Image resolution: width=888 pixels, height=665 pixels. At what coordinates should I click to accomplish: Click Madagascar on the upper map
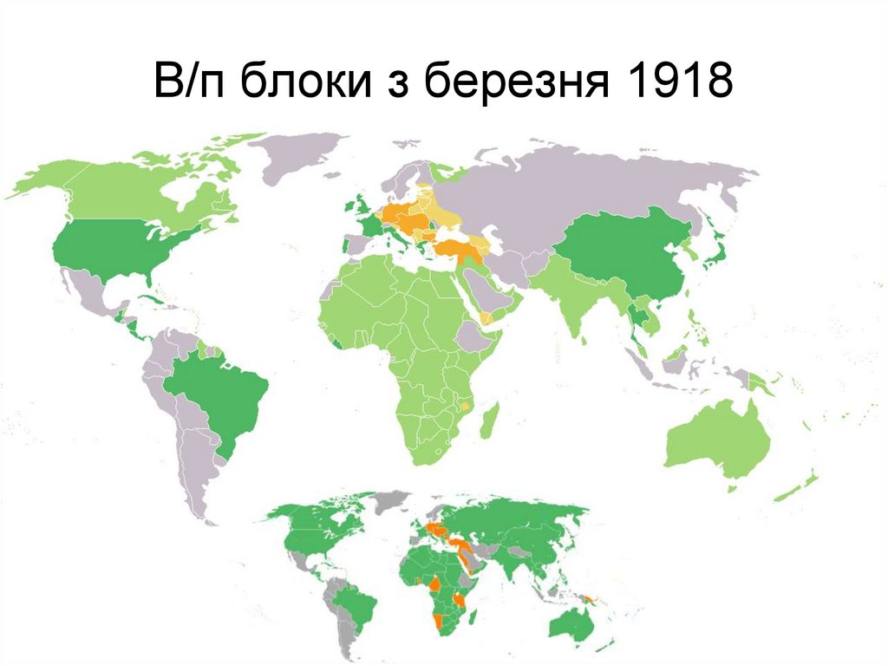[490, 421]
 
